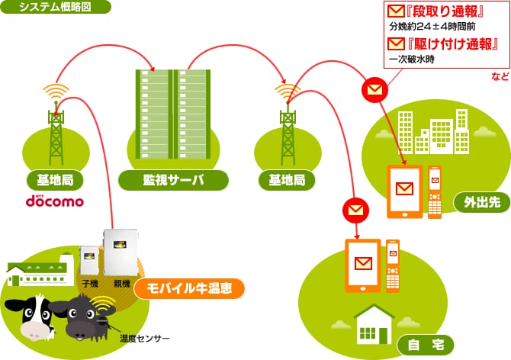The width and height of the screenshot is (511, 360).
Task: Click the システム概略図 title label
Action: click(x=56, y=8)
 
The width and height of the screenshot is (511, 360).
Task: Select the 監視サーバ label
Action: click(x=174, y=181)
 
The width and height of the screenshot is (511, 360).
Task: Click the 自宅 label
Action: click(x=425, y=345)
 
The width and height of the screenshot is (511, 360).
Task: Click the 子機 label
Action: click(x=90, y=284)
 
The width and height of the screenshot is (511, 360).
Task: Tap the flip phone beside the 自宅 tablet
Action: click(x=392, y=265)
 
